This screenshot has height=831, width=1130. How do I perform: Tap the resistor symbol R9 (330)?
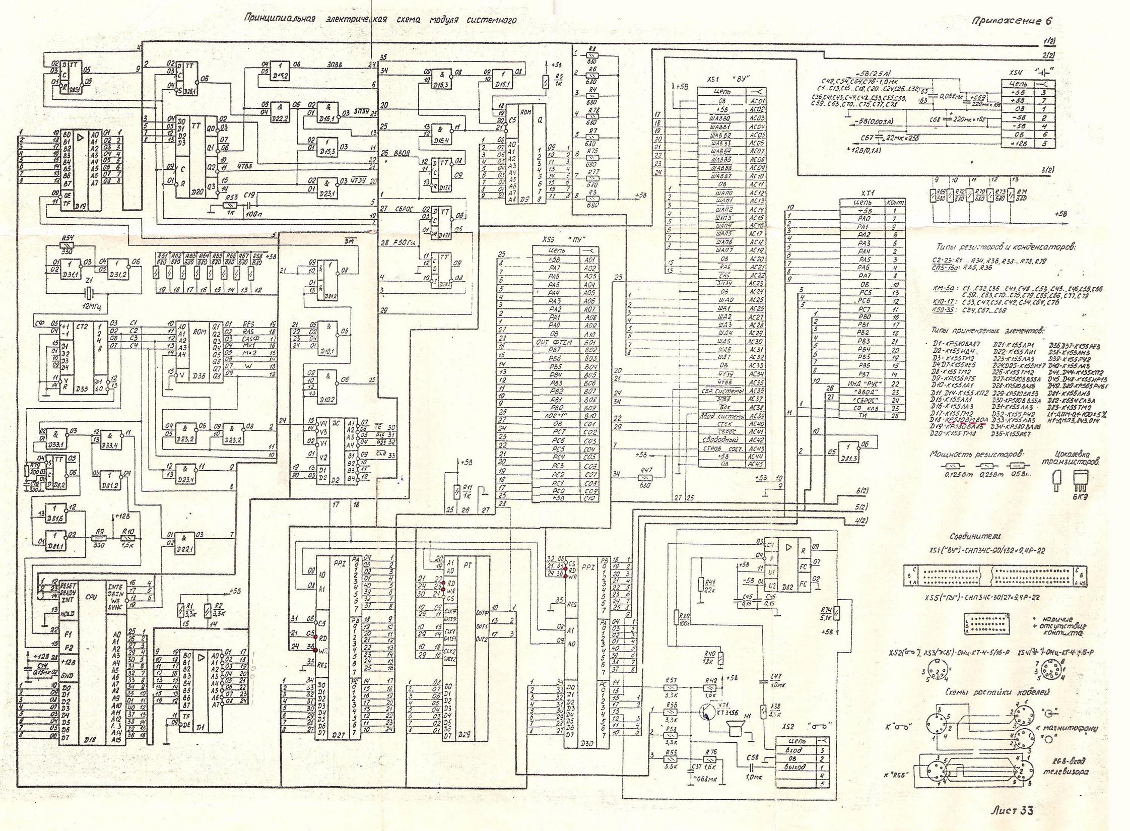tap(98, 539)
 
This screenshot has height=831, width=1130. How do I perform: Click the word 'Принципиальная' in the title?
tap(279, 19)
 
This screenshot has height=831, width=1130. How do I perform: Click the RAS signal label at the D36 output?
tap(247, 332)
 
